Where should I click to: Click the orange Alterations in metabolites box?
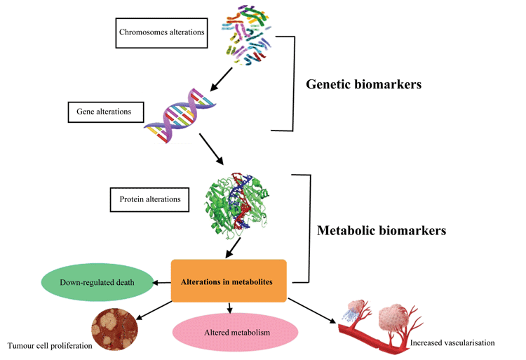coord(229,281)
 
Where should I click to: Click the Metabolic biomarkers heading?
coord(381,229)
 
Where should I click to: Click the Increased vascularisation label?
coord(452,343)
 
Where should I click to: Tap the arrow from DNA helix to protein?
coord(215,150)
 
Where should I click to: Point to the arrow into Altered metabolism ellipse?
coord(230,309)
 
